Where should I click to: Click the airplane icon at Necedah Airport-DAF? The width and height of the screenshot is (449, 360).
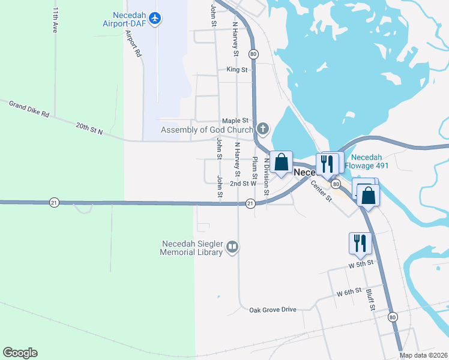pyautogui.click(x=155, y=19)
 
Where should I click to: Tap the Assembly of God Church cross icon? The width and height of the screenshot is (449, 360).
pyautogui.click(x=262, y=129)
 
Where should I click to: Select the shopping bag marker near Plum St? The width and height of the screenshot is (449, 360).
pyautogui.click(x=280, y=162)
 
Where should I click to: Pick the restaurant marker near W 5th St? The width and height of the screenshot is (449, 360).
pyautogui.click(x=360, y=242)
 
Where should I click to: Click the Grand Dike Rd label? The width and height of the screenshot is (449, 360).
pyautogui.click(x=29, y=109)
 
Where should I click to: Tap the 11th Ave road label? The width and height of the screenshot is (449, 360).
pyautogui.click(x=55, y=20)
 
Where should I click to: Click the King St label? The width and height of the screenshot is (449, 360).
pyautogui.click(x=237, y=70)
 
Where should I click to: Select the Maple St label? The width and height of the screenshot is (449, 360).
pyautogui.click(x=235, y=121)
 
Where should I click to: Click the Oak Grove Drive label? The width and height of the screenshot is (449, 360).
pyautogui.click(x=273, y=310)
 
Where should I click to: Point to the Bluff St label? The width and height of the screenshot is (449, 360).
pyautogui.click(x=370, y=299)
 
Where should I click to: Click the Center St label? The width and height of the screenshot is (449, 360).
pyautogui.click(x=321, y=191)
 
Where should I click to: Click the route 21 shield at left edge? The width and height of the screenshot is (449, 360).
pyautogui.click(x=55, y=203)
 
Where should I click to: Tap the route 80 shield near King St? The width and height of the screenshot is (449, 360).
pyautogui.click(x=254, y=53)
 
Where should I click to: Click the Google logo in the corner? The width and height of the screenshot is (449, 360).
pyautogui.click(x=20, y=353)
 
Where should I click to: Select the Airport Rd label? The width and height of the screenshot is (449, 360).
pyautogui.click(x=133, y=44)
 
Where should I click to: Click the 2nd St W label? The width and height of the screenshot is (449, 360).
pyautogui.click(x=243, y=184)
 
